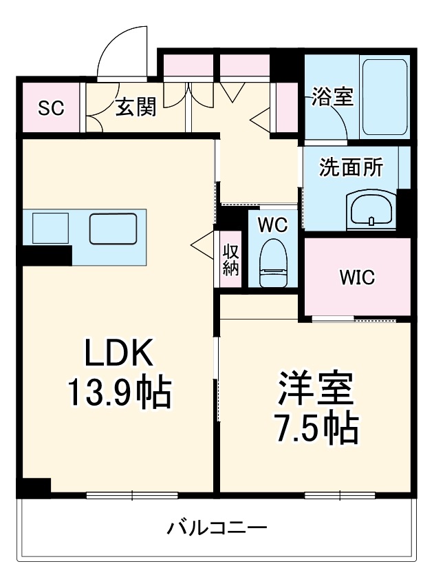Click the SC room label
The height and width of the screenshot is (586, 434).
51,107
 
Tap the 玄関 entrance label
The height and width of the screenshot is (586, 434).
135,107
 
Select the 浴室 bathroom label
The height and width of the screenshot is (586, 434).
332,96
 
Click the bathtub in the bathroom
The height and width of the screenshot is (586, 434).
385,97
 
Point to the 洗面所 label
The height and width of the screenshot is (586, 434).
351,168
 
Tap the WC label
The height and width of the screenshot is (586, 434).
273,224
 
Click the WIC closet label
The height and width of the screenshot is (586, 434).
356,278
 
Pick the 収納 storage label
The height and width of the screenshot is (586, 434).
230,260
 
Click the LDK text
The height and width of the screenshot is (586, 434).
118,355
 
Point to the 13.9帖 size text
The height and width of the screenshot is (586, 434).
118,393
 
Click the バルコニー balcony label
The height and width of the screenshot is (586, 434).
217,529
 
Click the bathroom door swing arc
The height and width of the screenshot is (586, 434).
336,118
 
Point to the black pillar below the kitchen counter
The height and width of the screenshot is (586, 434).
45,254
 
